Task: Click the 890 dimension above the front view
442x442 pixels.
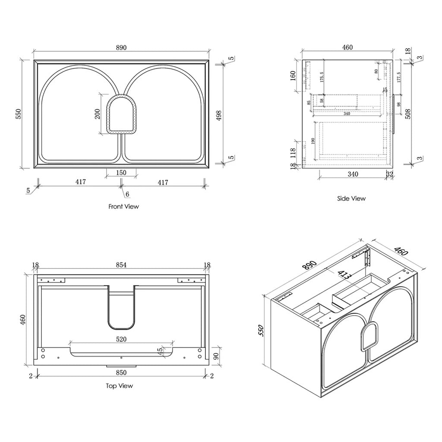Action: pyautogui.click(x=121, y=48)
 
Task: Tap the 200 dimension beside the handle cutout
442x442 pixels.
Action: pyautogui.click(x=98, y=114)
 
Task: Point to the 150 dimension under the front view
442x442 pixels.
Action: pyautogui.click(x=121, y=172)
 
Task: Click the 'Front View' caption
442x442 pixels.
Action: pyautogui.click(x=123, y=207)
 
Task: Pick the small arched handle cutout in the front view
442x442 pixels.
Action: pyautogui.click(x=121, y=114)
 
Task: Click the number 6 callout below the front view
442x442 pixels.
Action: pyautogui.click(x=127, y=194)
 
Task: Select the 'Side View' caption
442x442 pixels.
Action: pyautogui.click(x=351, y=199)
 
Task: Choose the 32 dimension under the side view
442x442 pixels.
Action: pyautogui.click(x=390, y=174)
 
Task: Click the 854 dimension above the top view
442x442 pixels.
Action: pyautogui.click(x=121, y=265)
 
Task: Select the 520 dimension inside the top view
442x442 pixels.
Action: pyautogui.click(x=121, y=339)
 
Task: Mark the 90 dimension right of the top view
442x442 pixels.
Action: pyautogui.click(x=215, y=357)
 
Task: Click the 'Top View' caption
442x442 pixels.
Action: pyautogui.click(x=120, y=386)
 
